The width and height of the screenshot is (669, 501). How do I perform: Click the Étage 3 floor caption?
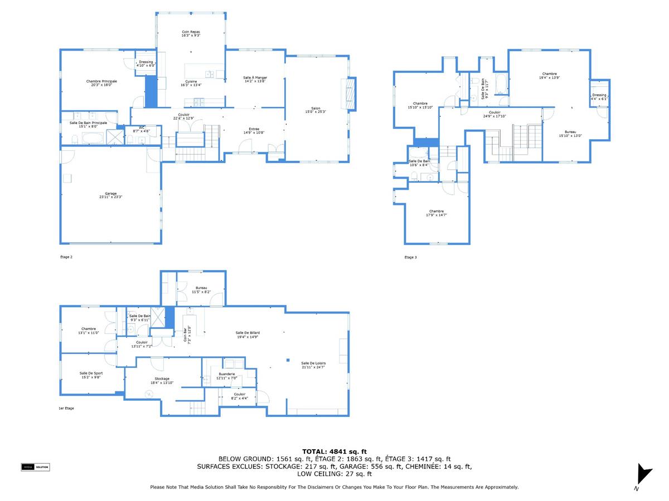click(410, 257)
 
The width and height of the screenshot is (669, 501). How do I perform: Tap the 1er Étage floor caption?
click(66, 408)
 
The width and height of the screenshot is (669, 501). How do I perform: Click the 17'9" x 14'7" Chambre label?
click(436, 213)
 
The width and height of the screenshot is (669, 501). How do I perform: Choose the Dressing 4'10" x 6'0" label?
click(146, 63)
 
